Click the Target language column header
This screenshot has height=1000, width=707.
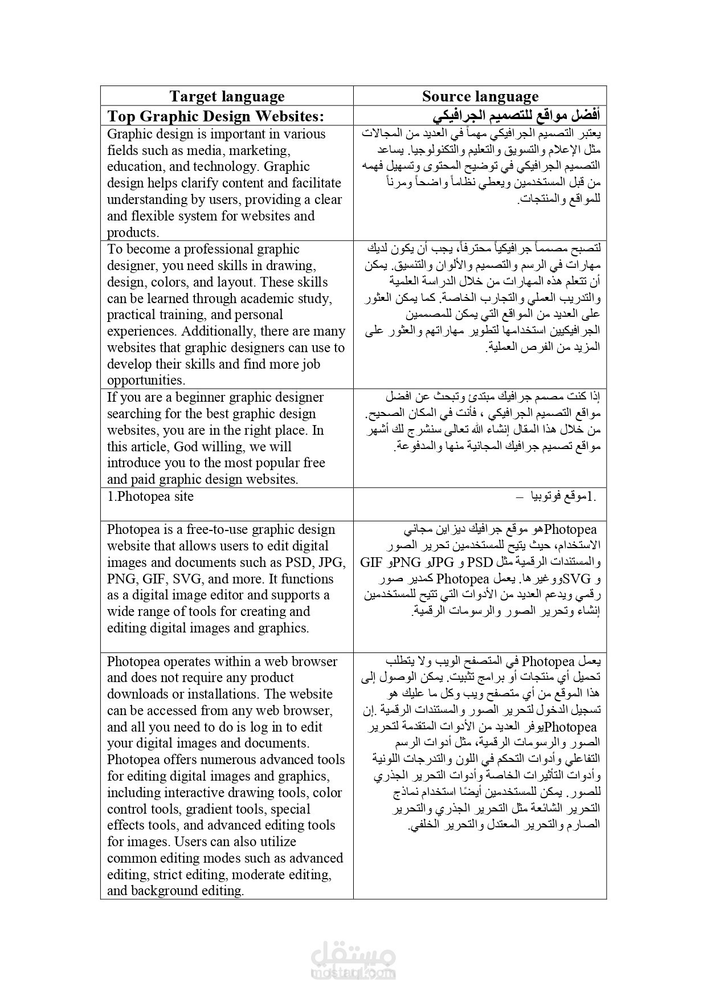(x=227, y=96)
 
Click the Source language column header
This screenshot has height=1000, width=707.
(x=480, y=96)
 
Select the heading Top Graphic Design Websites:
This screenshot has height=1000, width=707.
(x=215, y=116)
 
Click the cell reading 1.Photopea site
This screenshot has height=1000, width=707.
(x=150, y=496)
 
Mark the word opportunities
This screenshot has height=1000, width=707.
(x=146, y=381)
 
